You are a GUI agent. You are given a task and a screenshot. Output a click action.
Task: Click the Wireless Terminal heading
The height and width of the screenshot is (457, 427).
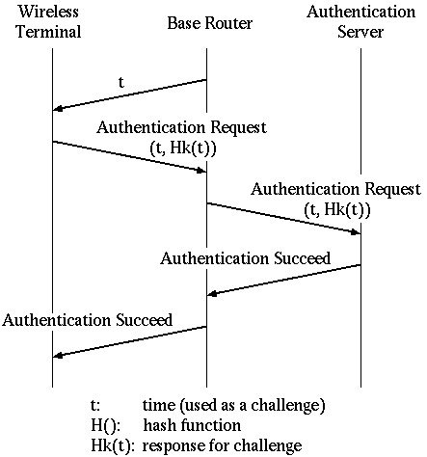48,21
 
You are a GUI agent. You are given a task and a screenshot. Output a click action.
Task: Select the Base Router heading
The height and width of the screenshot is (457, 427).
210,23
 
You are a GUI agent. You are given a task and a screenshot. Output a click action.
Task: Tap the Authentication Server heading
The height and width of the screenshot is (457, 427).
360,21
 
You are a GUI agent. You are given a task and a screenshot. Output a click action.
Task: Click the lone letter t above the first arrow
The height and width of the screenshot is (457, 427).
120,82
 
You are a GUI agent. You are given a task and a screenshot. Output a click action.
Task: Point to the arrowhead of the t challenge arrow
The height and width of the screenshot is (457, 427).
57,109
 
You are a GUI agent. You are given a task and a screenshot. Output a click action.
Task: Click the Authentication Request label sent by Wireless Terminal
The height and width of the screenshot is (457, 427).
181,127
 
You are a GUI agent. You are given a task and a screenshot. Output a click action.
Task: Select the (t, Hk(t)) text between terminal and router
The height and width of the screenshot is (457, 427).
183,148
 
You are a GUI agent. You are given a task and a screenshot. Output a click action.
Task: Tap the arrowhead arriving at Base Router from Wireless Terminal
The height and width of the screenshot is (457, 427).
201,171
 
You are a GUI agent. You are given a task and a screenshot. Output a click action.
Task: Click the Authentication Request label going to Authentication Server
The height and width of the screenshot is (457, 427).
335,189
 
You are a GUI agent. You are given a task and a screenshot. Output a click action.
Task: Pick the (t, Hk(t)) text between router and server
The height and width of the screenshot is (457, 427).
337,210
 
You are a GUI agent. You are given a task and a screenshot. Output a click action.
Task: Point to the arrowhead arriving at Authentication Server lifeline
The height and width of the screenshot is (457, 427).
356,232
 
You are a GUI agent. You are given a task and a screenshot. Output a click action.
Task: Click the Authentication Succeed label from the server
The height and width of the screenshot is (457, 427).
245,258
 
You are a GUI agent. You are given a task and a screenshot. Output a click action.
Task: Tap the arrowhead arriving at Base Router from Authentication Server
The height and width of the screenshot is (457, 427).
212,294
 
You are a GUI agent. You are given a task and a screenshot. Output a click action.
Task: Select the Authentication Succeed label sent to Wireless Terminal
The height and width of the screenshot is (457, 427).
87,320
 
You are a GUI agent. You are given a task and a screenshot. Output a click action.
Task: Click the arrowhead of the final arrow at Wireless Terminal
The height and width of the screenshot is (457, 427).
57,356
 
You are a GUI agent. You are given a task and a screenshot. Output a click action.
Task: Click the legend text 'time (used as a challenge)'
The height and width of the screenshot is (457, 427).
234,406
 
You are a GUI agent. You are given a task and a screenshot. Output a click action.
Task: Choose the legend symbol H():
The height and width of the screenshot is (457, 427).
105,426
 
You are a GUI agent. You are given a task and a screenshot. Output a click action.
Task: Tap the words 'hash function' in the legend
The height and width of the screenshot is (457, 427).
192,425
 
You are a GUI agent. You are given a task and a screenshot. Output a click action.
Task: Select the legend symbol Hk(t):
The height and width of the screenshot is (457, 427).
111,446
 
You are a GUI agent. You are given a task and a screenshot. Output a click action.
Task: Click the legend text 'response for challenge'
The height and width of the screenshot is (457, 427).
223,446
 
